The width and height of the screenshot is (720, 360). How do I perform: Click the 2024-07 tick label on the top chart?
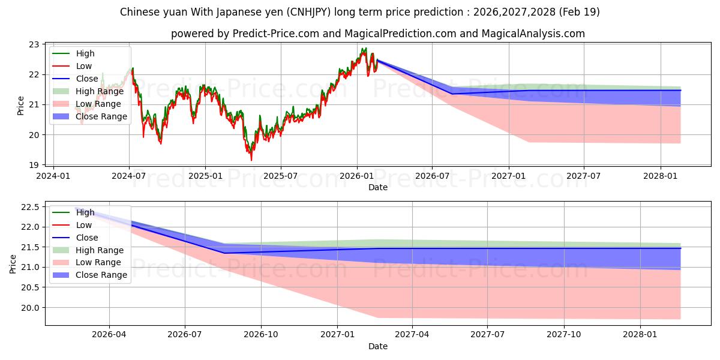point(129,176)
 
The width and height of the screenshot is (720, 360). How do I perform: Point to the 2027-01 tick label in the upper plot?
point(509,176)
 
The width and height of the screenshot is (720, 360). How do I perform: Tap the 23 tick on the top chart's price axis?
point(34,44)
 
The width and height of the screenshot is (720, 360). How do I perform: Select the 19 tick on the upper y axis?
point(34,165)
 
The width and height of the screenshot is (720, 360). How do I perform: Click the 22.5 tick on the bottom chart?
point(30,207)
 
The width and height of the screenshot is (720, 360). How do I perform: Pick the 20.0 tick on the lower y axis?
point(30,308)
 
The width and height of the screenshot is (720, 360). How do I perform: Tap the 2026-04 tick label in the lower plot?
point(109,334)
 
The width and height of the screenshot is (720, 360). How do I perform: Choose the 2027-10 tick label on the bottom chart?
point(564,334)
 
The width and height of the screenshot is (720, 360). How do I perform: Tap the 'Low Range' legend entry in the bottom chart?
point(87,262)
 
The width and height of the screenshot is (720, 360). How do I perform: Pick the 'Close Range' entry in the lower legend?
point(90,275)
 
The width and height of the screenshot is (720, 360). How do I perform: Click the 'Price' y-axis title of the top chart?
point(20,106)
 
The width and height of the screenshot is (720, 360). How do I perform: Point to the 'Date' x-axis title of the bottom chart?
point(377,346)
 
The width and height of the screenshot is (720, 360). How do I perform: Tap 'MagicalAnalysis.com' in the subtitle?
point(533,34)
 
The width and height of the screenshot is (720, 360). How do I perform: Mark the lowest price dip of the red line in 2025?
point(251,160)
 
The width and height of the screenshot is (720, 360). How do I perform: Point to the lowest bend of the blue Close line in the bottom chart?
point(224,253)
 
